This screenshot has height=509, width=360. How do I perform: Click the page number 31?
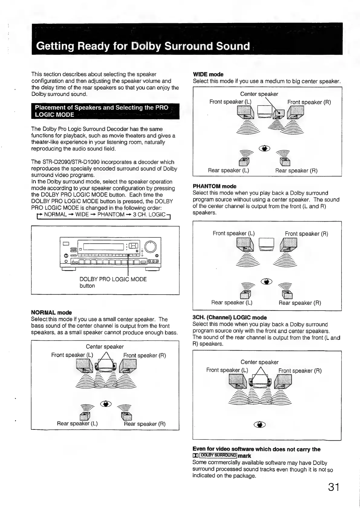[x=333, y=487]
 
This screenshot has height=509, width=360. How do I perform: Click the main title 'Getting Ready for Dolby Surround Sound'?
[x=143, y=46]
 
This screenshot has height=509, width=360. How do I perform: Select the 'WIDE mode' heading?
[x=208, y=74]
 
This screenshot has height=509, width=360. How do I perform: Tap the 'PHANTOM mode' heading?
[x=214, y=186]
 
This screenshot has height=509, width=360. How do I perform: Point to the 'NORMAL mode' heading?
[x=51, y=312]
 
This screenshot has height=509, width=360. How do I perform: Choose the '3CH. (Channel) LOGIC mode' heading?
[x=229, y=318]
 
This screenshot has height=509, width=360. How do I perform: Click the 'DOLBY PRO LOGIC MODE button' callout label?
[x=113, y=282]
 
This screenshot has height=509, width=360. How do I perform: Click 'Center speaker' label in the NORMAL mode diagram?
[x=105, y=347]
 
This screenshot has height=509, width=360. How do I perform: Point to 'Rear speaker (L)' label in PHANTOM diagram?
[x=232, y=302]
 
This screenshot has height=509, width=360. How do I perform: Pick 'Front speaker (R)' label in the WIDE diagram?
[x=309, y=102]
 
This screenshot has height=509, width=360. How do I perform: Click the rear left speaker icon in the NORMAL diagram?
[x=85, y=416]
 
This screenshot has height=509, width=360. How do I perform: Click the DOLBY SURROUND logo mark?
[x=215, y=455]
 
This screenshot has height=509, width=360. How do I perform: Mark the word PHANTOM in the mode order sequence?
[x=111, y=214]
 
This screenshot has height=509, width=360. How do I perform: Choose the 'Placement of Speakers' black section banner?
[x=105, y=111]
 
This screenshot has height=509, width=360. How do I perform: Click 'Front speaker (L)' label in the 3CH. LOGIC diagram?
[x=227, y=370]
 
